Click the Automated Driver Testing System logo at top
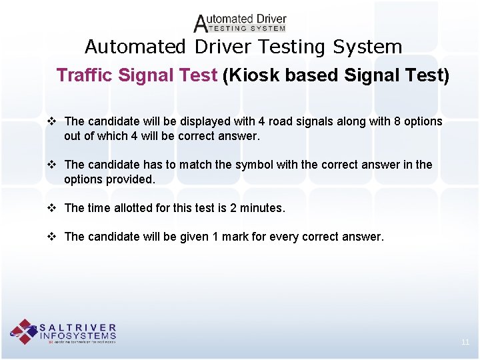click(240, 23)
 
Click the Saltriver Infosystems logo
click(63, 331)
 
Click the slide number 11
click(465, 342)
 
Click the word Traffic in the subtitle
click(86, 75)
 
